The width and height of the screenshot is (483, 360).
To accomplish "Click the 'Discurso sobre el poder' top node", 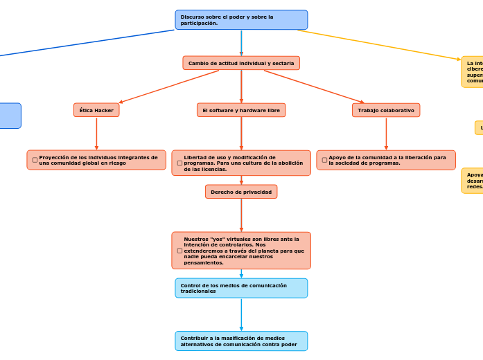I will [241, 20].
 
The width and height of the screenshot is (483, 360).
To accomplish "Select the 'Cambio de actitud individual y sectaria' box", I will [241, 63].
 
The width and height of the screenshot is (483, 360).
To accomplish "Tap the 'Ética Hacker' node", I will [96, 110].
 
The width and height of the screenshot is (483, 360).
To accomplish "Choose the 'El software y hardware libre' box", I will [241, 110].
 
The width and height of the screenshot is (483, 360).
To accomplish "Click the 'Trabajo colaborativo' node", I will [386, 110].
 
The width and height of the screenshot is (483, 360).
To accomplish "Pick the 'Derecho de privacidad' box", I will [241, 192].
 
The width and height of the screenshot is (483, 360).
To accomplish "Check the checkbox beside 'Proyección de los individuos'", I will [35, 160].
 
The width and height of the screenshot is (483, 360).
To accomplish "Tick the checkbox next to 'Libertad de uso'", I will [179, 163].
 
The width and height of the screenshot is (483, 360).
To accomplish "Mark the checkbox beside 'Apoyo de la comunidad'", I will [324, 160].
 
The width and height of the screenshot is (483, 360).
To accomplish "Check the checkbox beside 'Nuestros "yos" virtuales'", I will [179, 251].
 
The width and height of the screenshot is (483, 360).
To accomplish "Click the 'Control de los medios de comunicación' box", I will [241, 288].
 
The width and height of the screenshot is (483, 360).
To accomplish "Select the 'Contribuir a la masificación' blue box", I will [241, 341].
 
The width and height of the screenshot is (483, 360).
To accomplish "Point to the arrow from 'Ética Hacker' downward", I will [96, 133].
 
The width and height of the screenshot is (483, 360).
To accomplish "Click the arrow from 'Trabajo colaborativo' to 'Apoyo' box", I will [386, 133].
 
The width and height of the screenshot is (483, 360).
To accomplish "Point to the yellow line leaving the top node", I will [381, 44].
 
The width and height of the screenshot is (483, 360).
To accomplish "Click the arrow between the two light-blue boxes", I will [241, 314].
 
